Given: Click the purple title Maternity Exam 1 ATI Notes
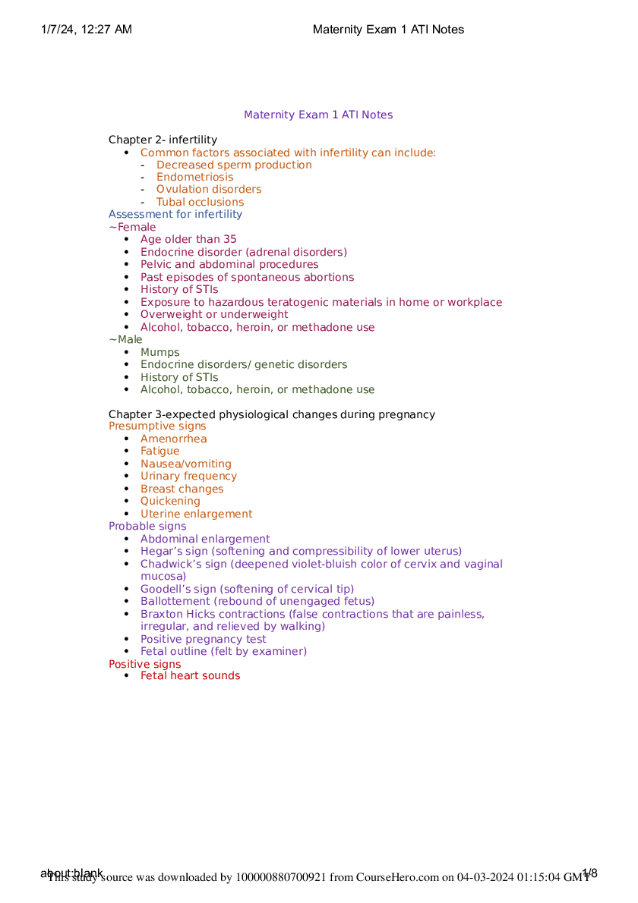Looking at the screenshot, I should pyautogui.click(x=318, y=115).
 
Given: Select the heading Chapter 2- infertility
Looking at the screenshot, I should pyautogui.click(x=163, y=140).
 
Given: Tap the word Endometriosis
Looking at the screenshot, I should pyautogui.click(x=194, y=177).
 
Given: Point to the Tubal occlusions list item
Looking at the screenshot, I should pyautogui.click(x=200, y=202).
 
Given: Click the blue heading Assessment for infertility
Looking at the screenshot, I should pyautogui.click(x=175, y=214).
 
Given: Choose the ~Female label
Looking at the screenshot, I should pyautogui.click(x=132, y=227).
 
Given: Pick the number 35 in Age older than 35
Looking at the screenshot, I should pyautogui.click(x=229, y=239).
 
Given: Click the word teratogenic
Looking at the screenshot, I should pyautogui.click(x=317, y=302).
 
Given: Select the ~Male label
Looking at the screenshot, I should pyautogui.click(x=125, y=339).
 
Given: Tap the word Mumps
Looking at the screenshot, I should pyautogui.click(x=159, y=352).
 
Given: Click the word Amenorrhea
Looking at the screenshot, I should pyautogui.click(x=173, y=439).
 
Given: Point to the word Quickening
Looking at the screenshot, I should pyautogui.click(x=170, y=501).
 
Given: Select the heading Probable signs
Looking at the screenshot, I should pyautogui.click(x=147, y=526).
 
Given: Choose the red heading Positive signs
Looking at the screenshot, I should pyautogui.click(x=144, y=664).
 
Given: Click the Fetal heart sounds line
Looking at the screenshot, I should pyautogui.click(x=190, y=675).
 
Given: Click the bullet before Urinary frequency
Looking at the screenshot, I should pyautogui.click(x=125, y=477).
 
